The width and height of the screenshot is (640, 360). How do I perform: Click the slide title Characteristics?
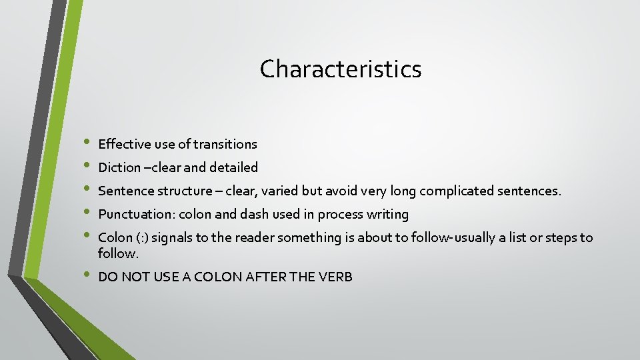click(341, 69)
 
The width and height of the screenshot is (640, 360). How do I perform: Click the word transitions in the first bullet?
click(225, 144)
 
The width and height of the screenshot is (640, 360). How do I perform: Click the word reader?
click(253, 238)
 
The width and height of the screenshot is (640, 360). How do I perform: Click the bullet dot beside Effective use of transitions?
click(85, 143)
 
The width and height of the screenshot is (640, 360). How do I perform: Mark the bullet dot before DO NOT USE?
click(85, 275)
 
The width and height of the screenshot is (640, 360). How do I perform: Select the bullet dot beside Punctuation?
click(85, 213)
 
